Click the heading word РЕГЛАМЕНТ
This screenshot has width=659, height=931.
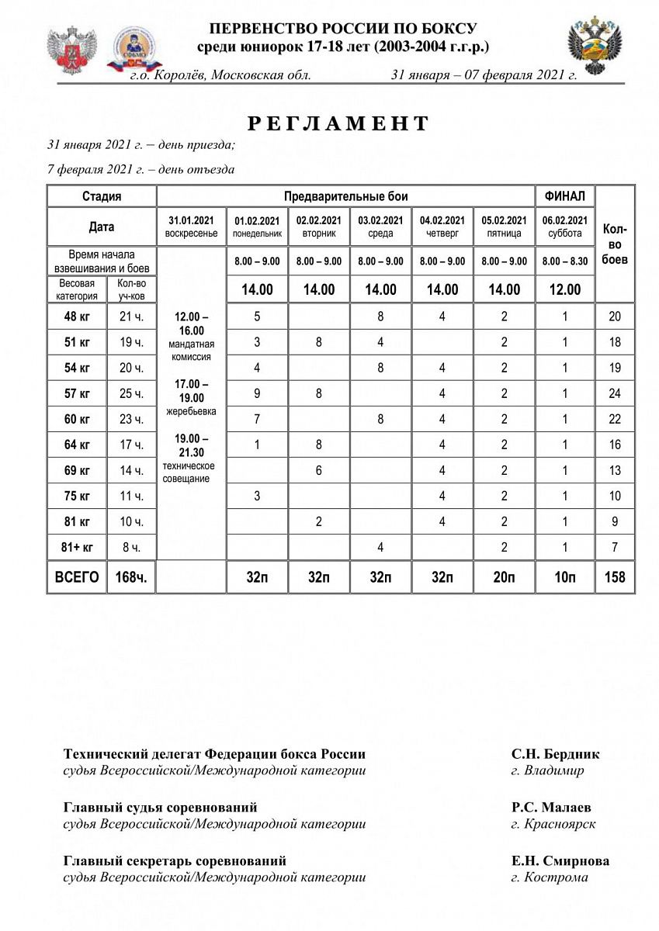click(338, 123)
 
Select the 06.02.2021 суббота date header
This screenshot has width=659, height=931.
click(565, 227)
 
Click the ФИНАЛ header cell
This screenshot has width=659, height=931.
click(565, 196)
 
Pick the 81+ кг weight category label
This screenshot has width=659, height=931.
click(77, 547)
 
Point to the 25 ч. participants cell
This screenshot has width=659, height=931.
click(131, 393)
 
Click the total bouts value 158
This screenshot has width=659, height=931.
click(615, 577)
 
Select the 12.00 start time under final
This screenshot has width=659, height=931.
click(565, 289)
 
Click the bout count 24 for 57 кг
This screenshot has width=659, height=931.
click(615, 393)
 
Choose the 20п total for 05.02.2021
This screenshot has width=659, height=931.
click(504, 577)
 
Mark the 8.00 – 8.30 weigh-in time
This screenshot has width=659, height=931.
click(565, 261)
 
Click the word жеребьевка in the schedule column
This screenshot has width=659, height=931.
click(191, 410)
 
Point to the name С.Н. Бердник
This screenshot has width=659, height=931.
click(555, 754)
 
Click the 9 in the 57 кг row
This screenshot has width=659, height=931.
click(257, 393)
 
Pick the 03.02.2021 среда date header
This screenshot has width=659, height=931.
click(380, 227)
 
